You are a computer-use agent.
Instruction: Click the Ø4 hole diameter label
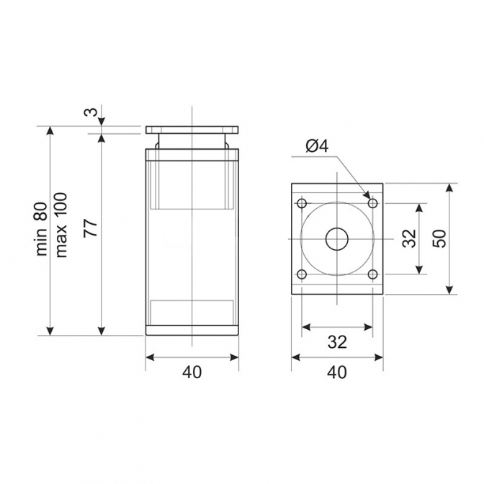coord(317,145)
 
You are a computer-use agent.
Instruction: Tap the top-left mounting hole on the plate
coord(302,203)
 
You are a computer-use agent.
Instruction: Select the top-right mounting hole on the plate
coord(373,203)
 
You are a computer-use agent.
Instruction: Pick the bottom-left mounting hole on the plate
coord(302,274)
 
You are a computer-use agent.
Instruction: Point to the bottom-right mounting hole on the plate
coord(373,274)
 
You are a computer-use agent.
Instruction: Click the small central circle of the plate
coord(337,239)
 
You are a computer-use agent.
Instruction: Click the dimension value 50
coord(439,238)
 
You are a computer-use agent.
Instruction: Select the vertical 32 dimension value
coord(410,238)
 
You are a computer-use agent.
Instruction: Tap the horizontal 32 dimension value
coord(337,342)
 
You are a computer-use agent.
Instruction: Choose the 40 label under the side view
coord(192,372)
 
